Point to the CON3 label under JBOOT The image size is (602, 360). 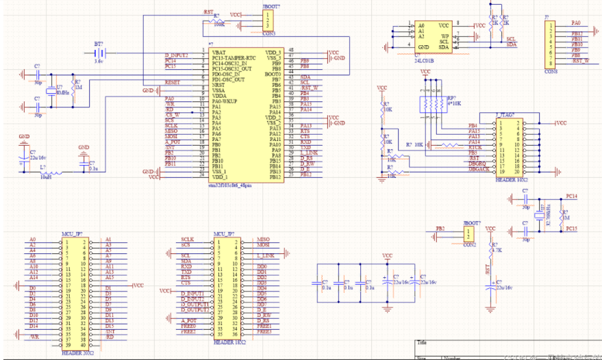(x=268, y=33)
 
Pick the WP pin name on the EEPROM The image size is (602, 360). (x=444, y=36)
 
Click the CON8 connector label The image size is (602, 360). (x=551, y=69)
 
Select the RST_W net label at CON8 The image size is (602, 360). (x=579, y=60)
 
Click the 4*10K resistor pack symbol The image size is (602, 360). (x=431, y=104)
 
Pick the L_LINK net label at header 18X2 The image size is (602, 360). (x=266, y=255)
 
